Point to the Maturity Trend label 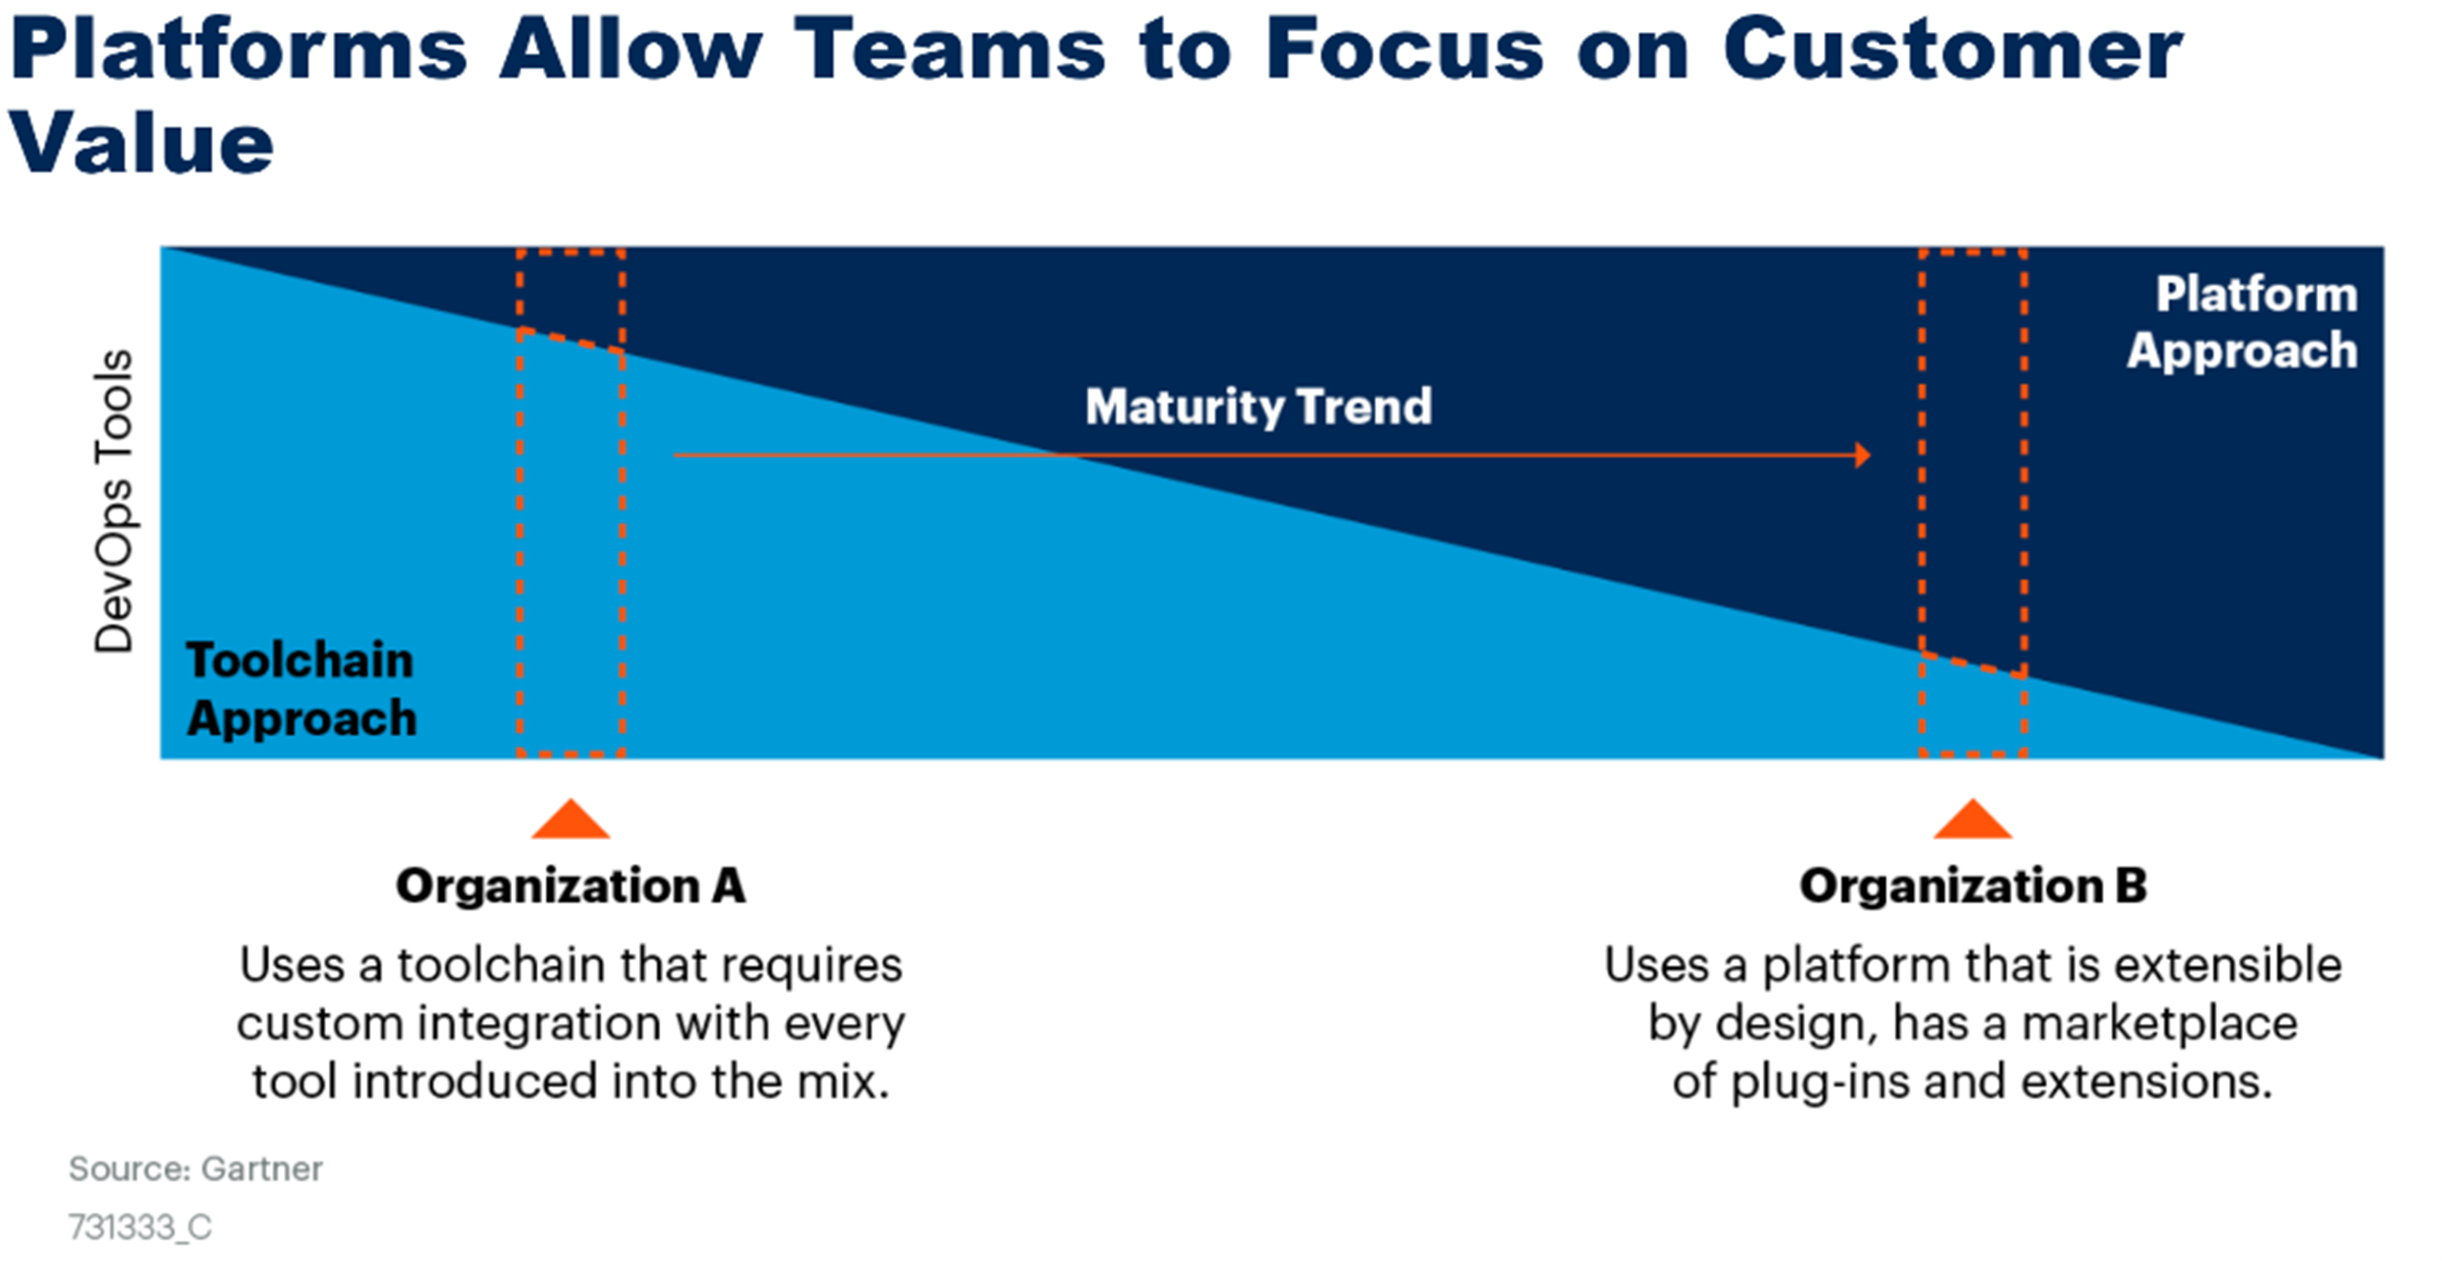(1258, 407)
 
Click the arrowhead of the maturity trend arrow (1862, 455)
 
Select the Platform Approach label (2242, 322)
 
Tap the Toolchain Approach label (301, 689)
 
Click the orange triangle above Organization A (571, 819)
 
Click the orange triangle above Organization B (1973, 819)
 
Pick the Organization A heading (571, 886)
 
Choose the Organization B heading (1973, 886)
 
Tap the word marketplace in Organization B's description (2159, 1024)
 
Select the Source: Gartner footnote (195, 1169)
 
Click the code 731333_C (140, 1228)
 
